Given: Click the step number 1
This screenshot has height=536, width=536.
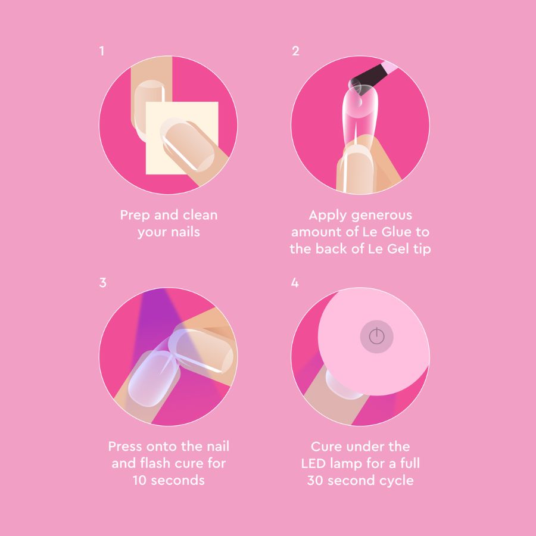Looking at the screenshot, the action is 101,51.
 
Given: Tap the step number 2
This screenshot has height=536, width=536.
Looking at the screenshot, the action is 295,51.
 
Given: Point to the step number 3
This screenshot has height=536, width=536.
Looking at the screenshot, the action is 102,283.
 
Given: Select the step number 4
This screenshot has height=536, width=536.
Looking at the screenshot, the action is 295,283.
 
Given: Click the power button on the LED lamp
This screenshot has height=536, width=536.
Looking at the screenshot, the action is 377,336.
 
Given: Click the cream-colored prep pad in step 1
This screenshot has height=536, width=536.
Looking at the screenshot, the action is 182,138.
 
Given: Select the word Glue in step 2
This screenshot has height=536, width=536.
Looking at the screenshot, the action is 397,232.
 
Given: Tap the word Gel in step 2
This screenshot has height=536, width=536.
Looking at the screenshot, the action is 398,248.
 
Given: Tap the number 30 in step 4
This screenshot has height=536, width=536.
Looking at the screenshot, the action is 315,480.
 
